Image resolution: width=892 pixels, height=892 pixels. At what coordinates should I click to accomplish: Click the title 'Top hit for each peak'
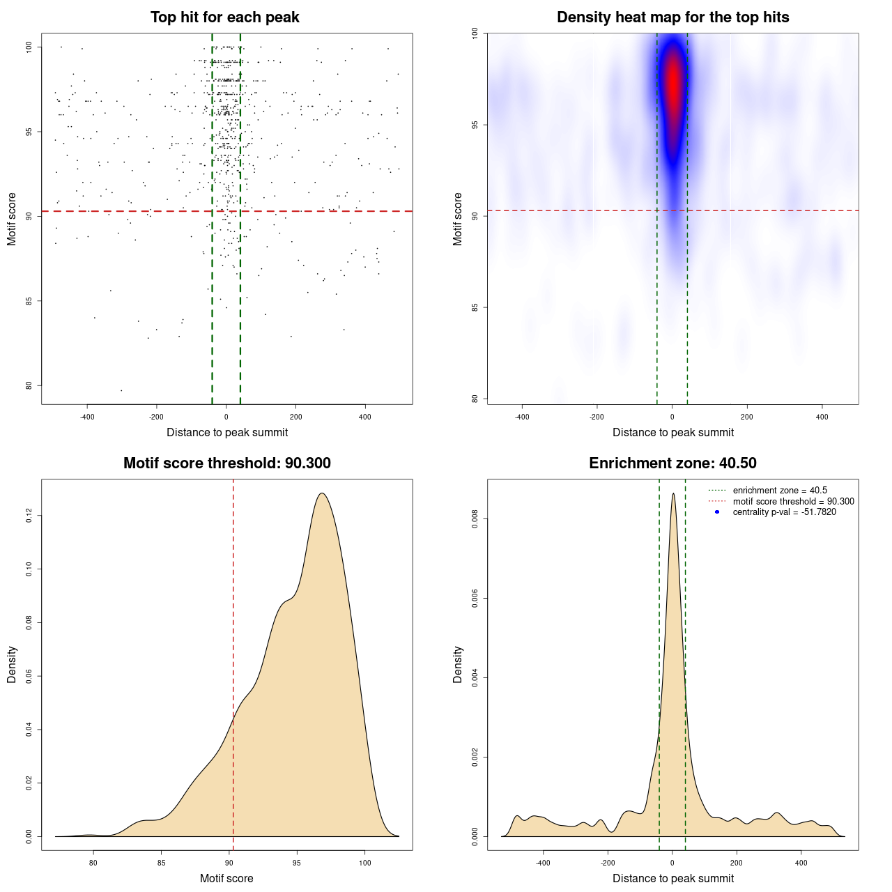(x=224, y=17)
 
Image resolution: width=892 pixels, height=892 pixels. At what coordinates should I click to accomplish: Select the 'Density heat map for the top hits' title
(x=672, y=17)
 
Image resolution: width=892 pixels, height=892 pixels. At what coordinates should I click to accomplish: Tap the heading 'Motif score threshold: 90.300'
(x=226, y=463)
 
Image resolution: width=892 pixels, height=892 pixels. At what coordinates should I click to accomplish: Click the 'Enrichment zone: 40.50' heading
(x=672, y=463)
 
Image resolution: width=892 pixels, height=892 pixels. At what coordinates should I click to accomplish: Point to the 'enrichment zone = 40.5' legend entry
(x=780, y=491)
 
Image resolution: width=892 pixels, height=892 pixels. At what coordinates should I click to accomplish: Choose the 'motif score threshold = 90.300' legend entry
(x=793, y=501)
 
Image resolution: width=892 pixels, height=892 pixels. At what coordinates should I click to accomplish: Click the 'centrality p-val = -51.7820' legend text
(x=784, y=512)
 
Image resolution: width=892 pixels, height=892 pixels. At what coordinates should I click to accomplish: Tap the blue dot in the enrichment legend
(x=717, y=512)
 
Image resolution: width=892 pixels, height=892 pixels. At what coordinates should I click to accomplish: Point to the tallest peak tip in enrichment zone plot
(x=672, y=494)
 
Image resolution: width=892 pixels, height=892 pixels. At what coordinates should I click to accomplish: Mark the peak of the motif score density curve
(x=321, y=493)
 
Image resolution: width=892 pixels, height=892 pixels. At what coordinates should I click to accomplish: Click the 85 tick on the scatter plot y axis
(x=29, y=301)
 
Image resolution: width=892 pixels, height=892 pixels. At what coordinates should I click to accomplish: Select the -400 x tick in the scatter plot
(x=87, y=417)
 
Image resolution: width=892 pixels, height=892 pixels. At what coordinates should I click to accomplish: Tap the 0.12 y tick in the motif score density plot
(x=29, y=516)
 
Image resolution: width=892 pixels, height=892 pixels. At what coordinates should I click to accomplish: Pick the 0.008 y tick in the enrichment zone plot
(x=475, y=519)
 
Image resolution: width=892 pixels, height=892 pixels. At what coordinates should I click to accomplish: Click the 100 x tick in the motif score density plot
(x=364, y=863)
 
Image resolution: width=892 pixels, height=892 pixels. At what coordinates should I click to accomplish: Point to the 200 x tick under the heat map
(x=747, y=417)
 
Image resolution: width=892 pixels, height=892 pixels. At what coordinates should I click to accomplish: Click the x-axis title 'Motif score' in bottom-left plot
(x=226, y=878)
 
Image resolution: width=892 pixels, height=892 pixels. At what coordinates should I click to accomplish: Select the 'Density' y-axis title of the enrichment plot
(x=458, y=664)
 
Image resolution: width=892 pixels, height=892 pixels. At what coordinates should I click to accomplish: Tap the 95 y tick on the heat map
(x=475, y=125)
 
